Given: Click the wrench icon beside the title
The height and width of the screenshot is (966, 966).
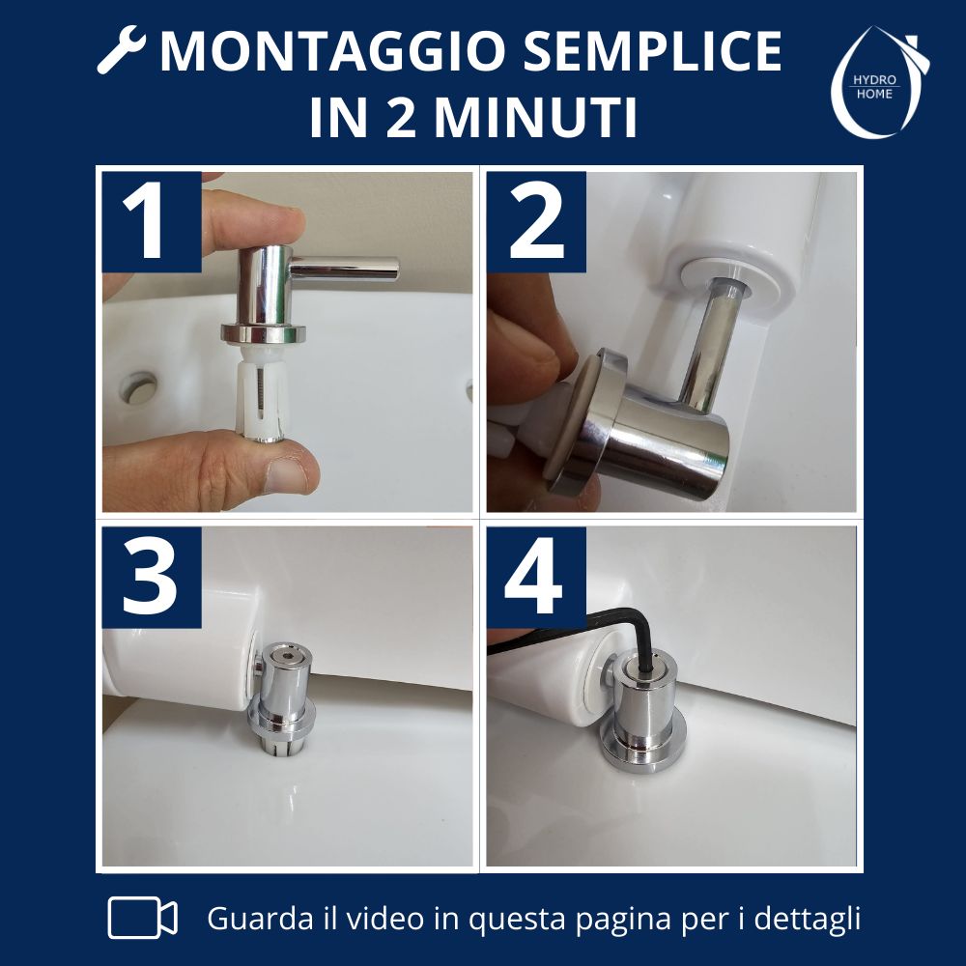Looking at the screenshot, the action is [122, 50].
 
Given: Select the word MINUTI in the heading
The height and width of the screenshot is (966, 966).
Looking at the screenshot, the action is [535, 117].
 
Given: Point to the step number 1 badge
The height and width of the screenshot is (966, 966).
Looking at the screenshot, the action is [152, 222].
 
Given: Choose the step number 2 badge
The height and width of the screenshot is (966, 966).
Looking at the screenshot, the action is [536, 222].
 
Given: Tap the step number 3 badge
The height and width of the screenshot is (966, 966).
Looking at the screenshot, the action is [152, 578].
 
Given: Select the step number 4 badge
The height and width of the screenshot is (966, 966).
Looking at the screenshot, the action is [536, 578].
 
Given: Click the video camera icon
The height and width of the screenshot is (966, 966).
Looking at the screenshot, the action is [142, 918].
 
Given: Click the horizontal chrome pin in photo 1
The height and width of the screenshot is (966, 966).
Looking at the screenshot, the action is [344, 269].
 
